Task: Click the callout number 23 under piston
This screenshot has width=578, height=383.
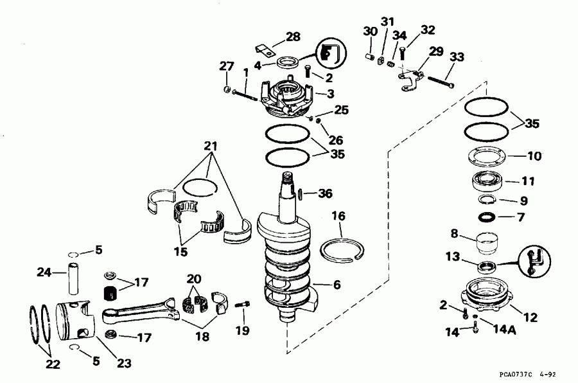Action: [x=124, y=363]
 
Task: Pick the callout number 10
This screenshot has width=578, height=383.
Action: [x=534, y=156]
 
